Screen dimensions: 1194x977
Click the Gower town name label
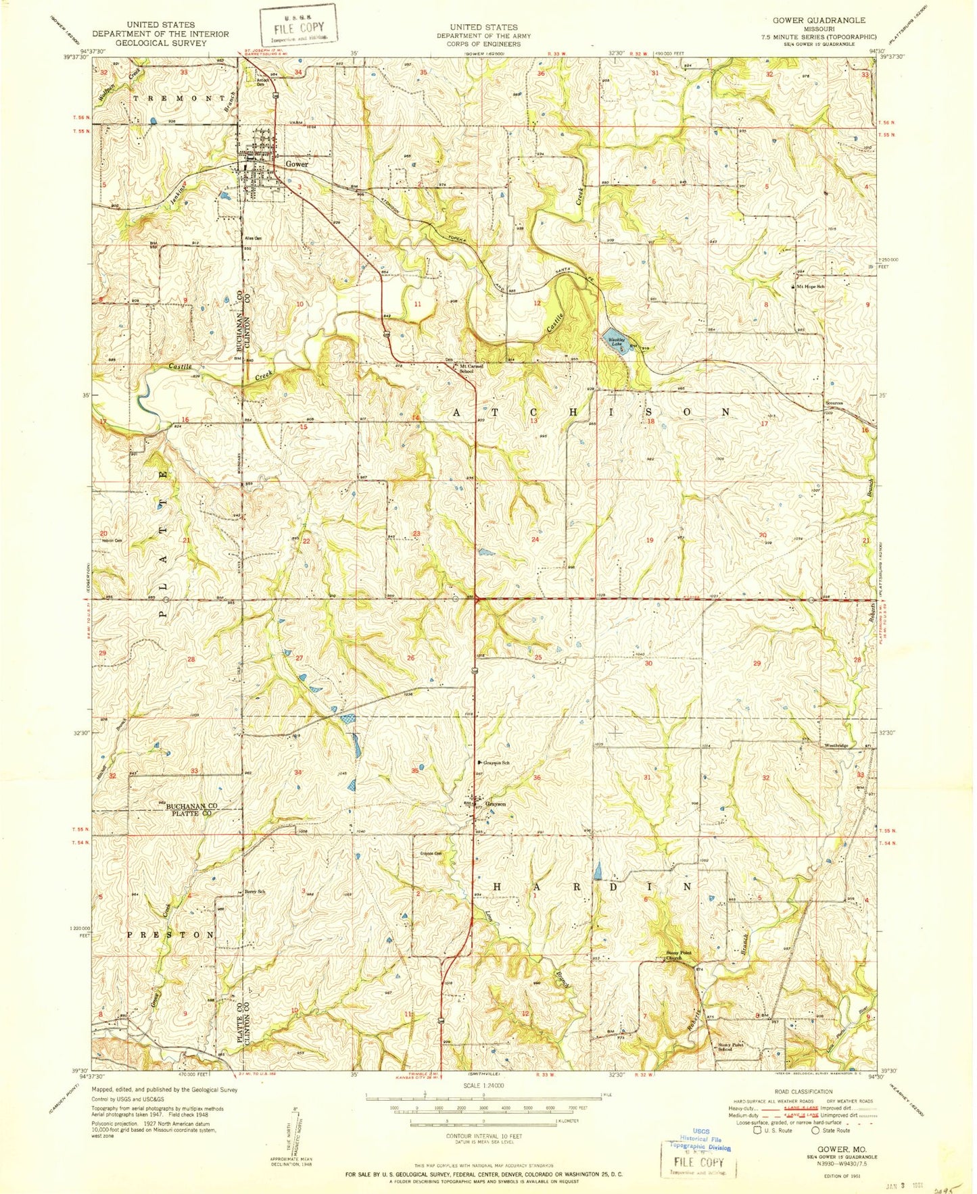pos(296,164)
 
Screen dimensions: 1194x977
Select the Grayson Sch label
pos(495,763)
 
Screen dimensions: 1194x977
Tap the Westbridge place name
pos(835,746)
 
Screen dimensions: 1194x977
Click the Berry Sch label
pos(255,892)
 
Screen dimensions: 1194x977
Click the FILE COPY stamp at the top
pos(299,26)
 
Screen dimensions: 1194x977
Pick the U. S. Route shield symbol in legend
pos(757,1130)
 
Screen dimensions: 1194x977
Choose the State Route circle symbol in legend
pos(815,1130)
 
